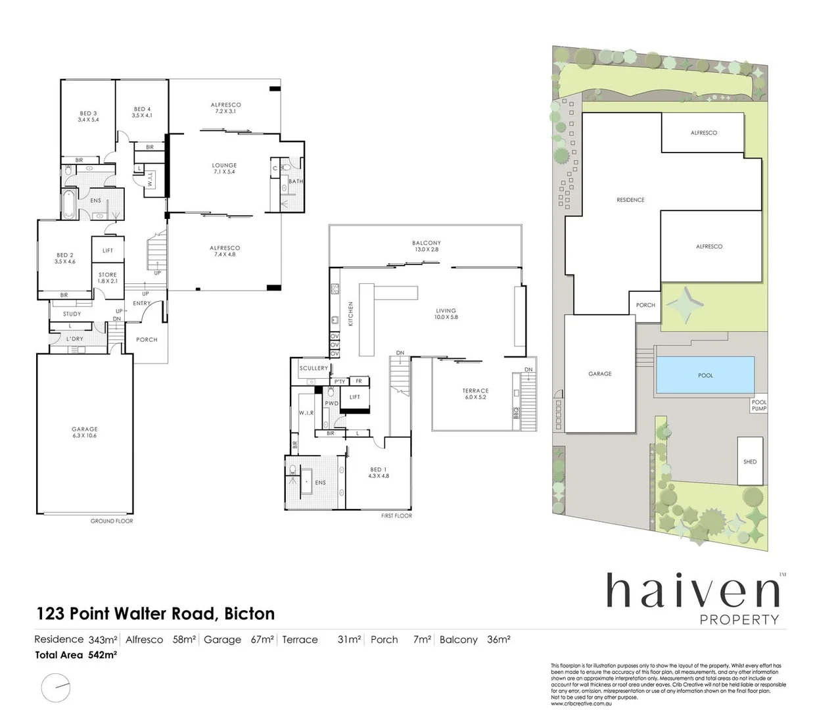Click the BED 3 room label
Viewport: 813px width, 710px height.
[87, 116]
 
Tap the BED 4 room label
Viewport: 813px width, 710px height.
[142, 112]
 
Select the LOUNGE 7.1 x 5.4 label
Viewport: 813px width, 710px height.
[224, 168]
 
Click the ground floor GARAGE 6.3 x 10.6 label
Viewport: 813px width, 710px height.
[85, 432]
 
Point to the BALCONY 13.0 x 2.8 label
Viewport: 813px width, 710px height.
[427, 246]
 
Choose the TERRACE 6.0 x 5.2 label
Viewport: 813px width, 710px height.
[475, 394]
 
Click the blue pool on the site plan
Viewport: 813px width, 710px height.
[705, 375]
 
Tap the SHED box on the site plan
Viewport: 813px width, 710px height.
[750, 461]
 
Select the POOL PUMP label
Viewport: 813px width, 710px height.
[759, 406]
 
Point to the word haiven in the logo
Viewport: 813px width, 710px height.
[693, 591]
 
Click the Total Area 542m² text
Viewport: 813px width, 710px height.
[76, 655]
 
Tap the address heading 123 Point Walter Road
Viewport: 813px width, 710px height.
[154, 613]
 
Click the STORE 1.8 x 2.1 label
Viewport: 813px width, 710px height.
[108, 277]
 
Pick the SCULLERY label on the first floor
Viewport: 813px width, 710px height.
[314, 368]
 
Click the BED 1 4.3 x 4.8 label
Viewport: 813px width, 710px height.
[379, 472]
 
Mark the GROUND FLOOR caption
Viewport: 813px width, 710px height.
[112, 521]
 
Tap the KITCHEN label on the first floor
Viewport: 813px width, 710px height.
[351, 314]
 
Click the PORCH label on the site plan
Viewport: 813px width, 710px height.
[645, 305]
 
